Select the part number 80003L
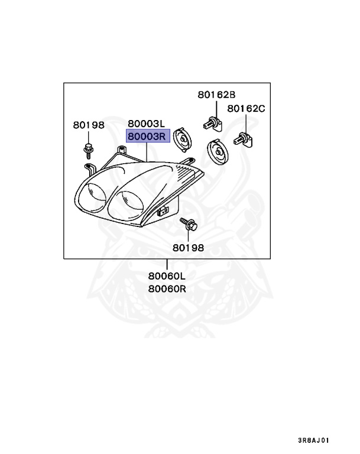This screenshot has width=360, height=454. [145, 124]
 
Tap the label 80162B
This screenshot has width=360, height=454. [216, 95]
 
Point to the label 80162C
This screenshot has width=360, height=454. [247, 109]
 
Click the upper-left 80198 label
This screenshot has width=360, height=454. [89, 125]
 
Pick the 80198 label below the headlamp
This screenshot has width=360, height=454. [189, 248]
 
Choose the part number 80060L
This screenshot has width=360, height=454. [167, 276]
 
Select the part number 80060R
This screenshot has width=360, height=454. [167, 289]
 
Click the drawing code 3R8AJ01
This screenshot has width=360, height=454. [313, 440]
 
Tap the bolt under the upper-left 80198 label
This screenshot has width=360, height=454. [87, 149]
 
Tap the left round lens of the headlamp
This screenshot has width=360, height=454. [93, 194]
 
